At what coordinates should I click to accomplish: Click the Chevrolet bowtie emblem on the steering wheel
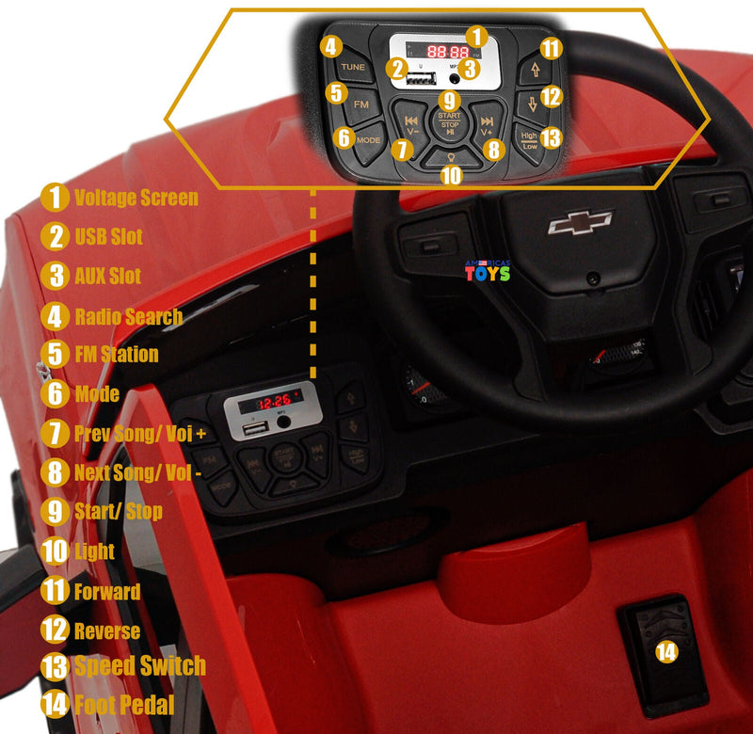point(580,222)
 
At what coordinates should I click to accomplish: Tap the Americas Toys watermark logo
point(488,271)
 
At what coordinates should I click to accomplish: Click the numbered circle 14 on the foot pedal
point(666,650)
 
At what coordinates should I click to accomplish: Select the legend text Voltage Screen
point(136,198)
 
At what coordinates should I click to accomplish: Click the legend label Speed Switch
point(139,665)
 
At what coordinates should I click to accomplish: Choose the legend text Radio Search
point(129,316)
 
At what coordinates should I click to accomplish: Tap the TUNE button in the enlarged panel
point(354,67)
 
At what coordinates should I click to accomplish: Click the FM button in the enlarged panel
point(360,104)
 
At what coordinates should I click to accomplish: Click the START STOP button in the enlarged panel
point(449,124)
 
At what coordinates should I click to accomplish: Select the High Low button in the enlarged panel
point(530,141)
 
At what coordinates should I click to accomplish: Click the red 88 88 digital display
point(447,53)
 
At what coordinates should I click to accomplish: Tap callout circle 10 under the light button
point(452,174)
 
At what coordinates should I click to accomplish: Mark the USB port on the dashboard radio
point(255,430)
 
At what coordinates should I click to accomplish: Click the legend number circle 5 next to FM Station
point(56,355)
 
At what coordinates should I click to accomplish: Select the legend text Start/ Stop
point(119,512)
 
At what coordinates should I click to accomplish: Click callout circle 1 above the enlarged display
point(478,37)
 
